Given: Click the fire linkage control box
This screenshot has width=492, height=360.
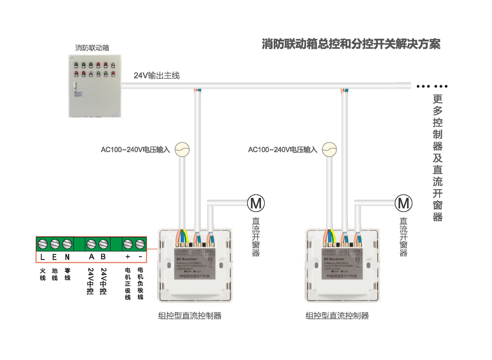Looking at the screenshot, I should (x=94, y=86).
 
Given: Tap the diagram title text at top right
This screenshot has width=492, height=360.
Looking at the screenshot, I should (x=351, y=44).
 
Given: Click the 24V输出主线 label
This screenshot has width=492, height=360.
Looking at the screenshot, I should (x=157, y=76).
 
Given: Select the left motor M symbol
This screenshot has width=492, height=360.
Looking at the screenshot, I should (x=256, y=203).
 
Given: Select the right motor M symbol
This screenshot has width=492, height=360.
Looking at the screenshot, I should (x=403, y=203).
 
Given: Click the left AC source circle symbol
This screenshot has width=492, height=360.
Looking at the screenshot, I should (x=182, y=149).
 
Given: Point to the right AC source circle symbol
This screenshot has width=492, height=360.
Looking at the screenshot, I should (x=329, y=149).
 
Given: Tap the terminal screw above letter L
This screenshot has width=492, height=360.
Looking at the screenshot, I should (x=43, y=244).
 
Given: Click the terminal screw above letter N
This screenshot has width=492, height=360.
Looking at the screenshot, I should (x=67, y=244).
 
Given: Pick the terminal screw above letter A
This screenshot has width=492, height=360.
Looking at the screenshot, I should (x=91, y=244).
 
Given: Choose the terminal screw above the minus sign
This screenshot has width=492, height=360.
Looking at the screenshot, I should (x=140, y=244).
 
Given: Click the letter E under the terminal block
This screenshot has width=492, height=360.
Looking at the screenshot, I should (x=55, y=257).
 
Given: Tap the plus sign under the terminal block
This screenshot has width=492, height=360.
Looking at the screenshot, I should (x=128, y=257).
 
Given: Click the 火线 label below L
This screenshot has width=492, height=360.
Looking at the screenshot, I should (x=43, y=274).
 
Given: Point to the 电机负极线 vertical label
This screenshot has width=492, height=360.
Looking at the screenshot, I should (x=140, y=283).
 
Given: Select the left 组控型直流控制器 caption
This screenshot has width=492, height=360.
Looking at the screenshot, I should (x=190, y=316).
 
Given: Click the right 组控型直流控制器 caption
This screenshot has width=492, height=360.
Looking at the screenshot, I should (x=337, y=316).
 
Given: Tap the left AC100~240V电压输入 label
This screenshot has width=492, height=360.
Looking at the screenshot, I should (x=135, y=150).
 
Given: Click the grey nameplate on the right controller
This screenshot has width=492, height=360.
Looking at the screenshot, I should (x=342, y=263).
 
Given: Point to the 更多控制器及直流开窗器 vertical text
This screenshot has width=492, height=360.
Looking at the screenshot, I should (x=437, y=158).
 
